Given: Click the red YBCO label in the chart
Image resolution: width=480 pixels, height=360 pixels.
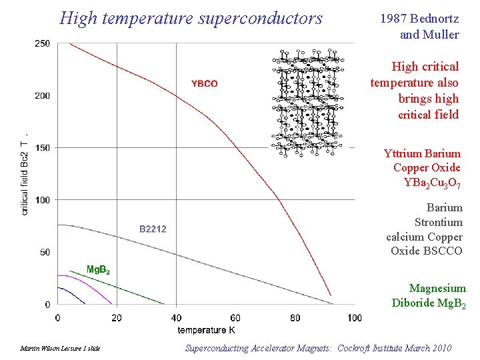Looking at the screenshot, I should click(205, 83).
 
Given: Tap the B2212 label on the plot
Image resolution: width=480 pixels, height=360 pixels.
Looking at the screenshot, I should click(153, 229).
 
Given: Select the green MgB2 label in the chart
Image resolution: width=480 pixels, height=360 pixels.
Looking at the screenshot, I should click(98, 269).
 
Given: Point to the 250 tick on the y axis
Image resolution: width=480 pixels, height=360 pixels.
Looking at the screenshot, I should click(42, 44).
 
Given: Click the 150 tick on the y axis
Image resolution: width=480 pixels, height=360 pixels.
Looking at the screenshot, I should click(42, 147).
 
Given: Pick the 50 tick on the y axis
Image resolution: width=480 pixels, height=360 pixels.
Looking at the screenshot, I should click(44, 252).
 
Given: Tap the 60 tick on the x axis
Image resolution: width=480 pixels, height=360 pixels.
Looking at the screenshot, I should click(235, 317).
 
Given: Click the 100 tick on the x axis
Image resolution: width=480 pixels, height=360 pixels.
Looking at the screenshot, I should click(354, 317).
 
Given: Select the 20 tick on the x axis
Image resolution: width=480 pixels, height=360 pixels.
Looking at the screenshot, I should click(117, 317).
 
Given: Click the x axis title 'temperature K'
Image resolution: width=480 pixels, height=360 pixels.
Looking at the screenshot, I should click(206, 329).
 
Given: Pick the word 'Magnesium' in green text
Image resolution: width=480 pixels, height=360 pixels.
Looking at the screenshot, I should click(437, 288).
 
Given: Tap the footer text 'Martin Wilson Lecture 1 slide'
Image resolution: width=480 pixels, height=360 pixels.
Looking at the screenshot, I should click(60, 349).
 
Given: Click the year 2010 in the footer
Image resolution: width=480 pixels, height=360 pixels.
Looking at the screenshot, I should click(439, 348).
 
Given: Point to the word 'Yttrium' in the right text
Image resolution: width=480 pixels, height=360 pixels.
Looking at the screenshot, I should click(403, 153).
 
